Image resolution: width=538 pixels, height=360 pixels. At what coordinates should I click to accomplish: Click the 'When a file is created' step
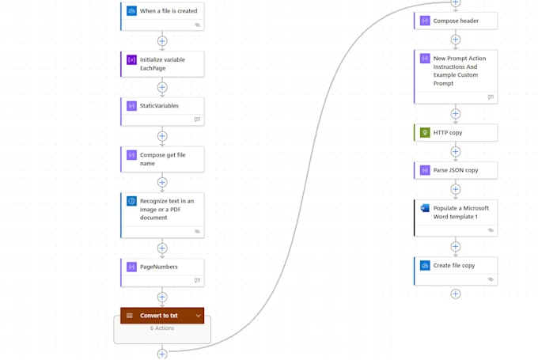(162, 16)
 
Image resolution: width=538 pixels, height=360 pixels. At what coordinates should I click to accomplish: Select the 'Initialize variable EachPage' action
(162, 64)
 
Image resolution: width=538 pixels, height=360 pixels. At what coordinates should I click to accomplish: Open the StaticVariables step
(162, 112)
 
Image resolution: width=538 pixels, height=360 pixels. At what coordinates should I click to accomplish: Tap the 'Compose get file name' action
(162, 159)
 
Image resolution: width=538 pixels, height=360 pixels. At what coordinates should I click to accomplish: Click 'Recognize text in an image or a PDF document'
(162, 215)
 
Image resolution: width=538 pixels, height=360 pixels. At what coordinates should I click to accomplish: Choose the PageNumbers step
(162, 272)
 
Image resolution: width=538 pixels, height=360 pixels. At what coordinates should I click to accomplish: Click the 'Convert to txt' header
(162, 316)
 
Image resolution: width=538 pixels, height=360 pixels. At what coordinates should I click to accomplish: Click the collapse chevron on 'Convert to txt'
(198, 316)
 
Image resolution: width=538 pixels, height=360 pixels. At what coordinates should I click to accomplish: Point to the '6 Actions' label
(162, 328)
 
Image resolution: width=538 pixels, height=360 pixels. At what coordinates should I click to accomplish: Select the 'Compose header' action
(456, 21)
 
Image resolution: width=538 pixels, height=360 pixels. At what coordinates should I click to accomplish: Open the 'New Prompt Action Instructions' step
(456, 77)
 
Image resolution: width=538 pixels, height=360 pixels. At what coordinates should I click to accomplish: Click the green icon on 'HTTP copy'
(425, 132)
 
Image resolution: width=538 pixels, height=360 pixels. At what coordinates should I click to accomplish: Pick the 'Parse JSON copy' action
(456, 170)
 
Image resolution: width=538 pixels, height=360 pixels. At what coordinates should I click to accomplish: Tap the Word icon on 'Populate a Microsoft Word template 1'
(425, 208)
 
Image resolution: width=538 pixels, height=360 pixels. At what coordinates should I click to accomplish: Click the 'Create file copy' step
(456, 271)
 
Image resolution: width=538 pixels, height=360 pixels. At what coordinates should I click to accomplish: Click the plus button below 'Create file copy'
(455, 294)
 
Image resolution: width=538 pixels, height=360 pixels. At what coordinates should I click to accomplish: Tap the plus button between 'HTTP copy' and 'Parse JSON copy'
(455, 151)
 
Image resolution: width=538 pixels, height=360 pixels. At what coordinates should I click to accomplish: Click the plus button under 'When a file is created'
(162, 41)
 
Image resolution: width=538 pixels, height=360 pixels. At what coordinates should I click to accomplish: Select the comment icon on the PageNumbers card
(197, 280)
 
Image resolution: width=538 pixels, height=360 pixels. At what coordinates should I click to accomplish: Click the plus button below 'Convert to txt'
(162, 354)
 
